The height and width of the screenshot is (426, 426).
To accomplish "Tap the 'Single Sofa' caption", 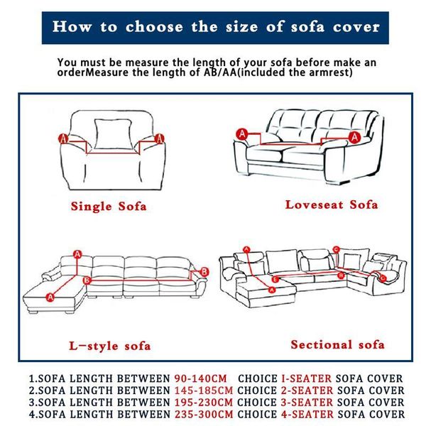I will [x=109, y=207].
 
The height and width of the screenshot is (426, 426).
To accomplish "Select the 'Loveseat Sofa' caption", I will [x=332, y=204].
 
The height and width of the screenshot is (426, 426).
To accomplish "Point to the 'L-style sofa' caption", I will [x=109, y=346].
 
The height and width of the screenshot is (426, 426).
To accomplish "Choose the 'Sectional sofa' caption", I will [x=337, y=344].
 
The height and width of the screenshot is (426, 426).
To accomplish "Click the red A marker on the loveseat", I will [x=242, y=133].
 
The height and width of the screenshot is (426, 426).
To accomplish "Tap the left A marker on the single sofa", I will [x=62, y=138].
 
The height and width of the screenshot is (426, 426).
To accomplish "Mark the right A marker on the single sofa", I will [x=160, y=137].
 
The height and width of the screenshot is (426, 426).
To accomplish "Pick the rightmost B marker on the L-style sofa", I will [x=204, y=271].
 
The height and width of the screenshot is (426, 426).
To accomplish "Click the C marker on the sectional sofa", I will [x=336, y=249].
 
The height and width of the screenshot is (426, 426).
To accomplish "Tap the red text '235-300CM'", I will [x=203, y=414].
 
